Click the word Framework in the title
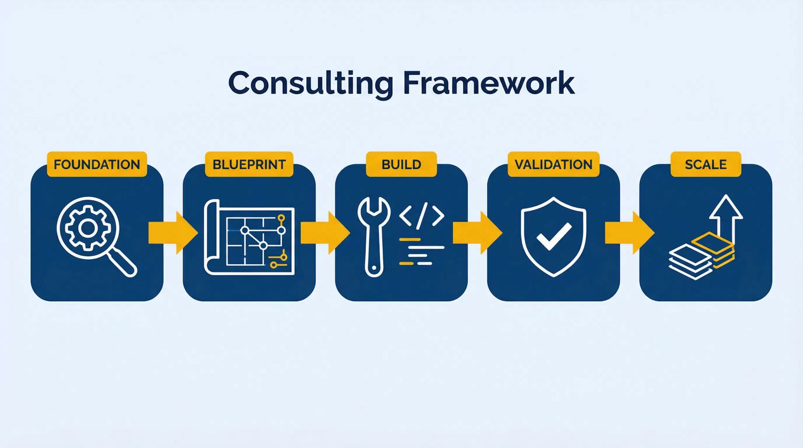488,83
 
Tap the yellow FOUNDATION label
97,164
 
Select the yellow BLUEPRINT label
249,164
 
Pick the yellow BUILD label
401,164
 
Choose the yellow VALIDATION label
554,164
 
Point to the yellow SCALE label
706,164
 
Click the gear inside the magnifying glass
87,229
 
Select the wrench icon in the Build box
374,236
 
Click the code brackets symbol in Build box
422,216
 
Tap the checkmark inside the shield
554,236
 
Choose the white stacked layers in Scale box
691,261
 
